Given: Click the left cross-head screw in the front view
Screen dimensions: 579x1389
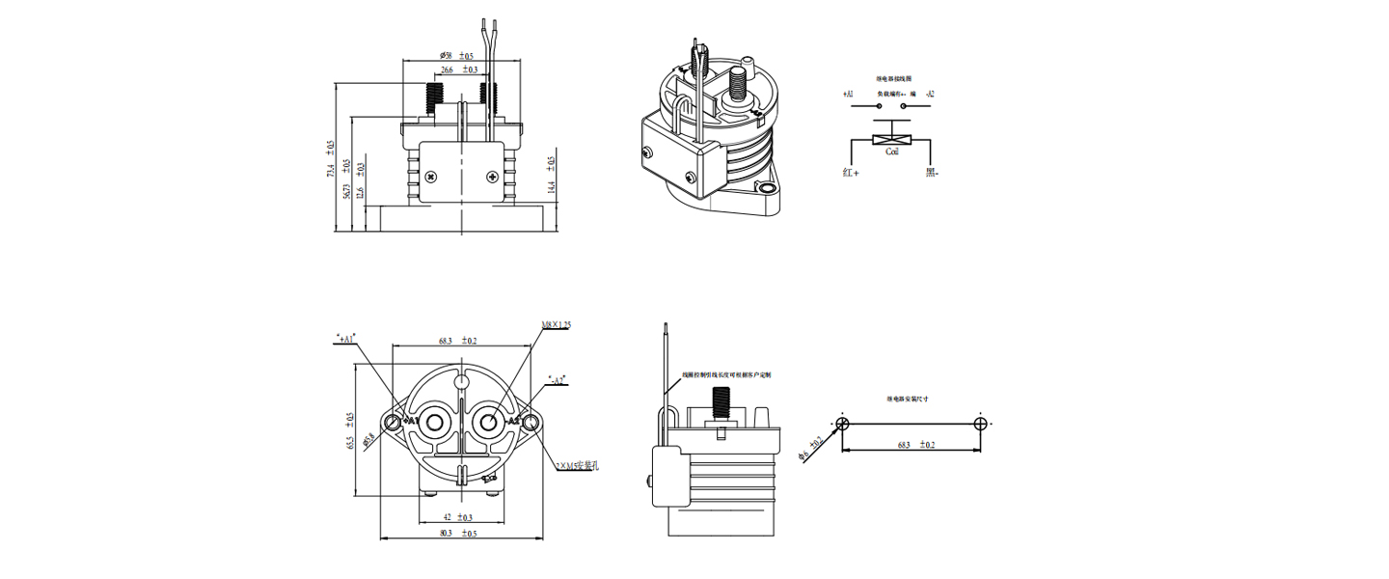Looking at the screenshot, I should pyautogui.click(x=430, y=177).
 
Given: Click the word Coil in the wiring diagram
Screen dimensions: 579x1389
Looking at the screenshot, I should pyautogui.click(x=892, y=152).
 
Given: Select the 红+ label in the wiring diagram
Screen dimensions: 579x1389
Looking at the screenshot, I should pyautogui.click(x=849, y=173).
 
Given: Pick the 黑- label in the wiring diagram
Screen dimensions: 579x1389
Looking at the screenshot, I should pyautogui.click(x=932, y=173).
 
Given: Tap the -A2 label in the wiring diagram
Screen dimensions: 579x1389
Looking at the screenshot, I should pyautogui.click(x=929, y=95).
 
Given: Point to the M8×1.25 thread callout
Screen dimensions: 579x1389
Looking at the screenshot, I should pyautogui.click(x=557, y=326).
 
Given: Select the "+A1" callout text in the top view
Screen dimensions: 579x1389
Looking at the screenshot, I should pyautogui.click(x=345, y=339).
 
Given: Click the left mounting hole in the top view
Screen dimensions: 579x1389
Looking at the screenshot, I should pyautogui.click(x=393, y=423).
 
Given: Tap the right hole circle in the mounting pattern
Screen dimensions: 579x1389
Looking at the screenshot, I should pyautogui.click(x=981, y=424).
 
